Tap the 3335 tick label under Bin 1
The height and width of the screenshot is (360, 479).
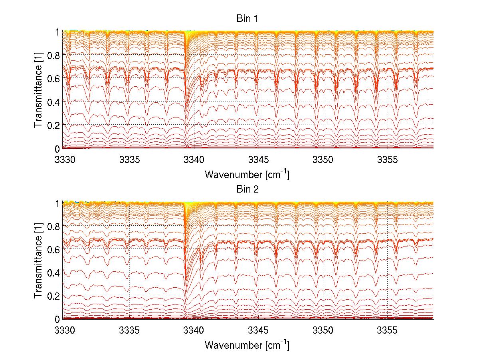pyautogui.click(x=129, y=160)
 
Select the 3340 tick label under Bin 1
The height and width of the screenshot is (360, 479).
pyautogui.click(x=194, y=160)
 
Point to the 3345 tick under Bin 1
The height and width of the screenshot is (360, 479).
pyautogui.click(x=258, y=160)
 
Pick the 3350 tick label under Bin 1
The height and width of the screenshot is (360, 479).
pyautogui.click(x=323, y=160)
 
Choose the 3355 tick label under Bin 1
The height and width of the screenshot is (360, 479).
pyautogui.click(x=387, y=160)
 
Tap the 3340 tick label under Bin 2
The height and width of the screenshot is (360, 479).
pyautogui.click(x=194, y=330)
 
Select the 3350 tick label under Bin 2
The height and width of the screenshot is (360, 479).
pyautogui.click(x=323, y=330)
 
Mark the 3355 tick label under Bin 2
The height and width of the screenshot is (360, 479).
pyautogui.click(x=387, y=330)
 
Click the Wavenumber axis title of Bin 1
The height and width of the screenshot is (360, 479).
pyautogui.click(x=247, y=175)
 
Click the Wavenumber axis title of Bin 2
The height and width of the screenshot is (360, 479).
pyautogui.click(x=247, y=345)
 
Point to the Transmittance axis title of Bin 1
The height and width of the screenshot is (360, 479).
pyautogui.click(x=38, y=90)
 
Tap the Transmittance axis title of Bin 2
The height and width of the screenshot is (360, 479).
pyautogui.click(x=38, y=261)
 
